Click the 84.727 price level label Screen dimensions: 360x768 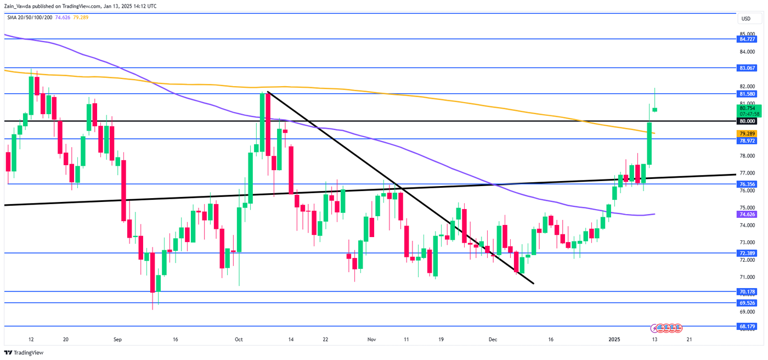pyautogui.click(x=748, y=39)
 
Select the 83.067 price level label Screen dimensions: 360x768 pyautogui.click(x=748, y=68)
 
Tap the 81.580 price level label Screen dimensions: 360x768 pyautogui.click(x=748, y=94)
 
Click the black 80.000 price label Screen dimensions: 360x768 pyautogui.click(x=748, y=121)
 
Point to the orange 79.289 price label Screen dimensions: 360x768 pyautogui.click(x=748, y=133)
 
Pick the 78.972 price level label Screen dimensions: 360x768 pyautogui.click(x=748, y=140)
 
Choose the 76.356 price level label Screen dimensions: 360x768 pyautogui.click(x=748, y=184)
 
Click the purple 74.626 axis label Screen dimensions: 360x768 pyautogui.click(x=748, y=215)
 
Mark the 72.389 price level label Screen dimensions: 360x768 pyautogui.click(x=748, y=253)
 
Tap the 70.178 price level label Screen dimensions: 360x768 pyautogui.click(x=748, y=291)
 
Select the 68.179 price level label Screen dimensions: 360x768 pyautogui.click(x=748, y=326)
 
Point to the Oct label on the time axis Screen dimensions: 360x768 pyautogui.click(x=239, y=340)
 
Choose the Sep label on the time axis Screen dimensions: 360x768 pyautogui.click(x=117, y=340)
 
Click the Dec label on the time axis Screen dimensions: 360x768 pyautogui.click(x=493, y=340)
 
